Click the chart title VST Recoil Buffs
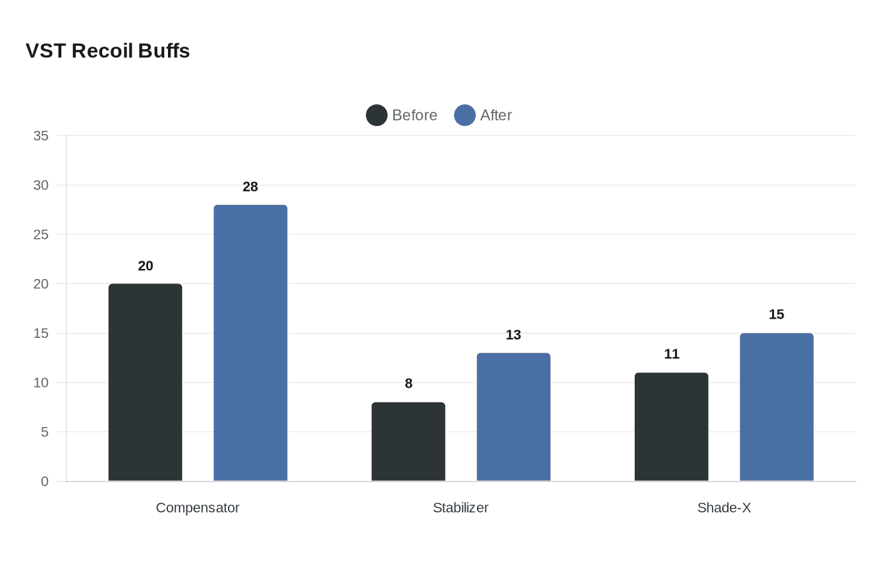(108, 51)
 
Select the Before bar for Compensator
(145, 383)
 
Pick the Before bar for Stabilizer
(408, 442)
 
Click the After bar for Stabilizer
(513, 417)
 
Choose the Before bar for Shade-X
(671, 427)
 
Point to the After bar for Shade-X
(777, 407)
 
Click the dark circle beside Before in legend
(377, 116)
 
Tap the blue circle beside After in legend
(465, 116)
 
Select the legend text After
(496, 116)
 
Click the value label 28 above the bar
(250, 187)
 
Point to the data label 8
(409, 384)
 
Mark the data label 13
(513, 335)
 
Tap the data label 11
(672, 354)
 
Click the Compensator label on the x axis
(197, 508)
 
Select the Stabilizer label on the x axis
(460, 508)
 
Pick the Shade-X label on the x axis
(724, 508)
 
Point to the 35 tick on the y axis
(41, 136)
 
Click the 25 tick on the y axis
(41, 235)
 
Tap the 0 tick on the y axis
(45, 482)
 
